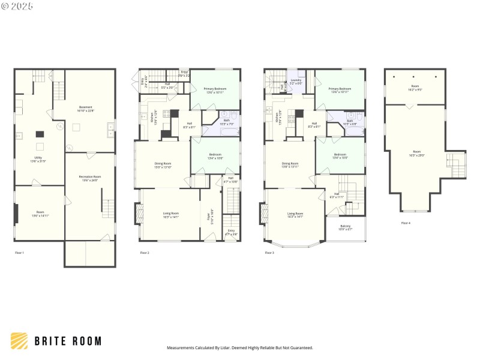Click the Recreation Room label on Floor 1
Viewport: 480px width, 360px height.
tap(89, 178)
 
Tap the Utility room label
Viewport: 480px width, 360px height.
tap(38, 160)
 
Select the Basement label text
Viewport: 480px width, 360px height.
tap(85, 109)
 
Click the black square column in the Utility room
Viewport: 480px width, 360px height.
tap(40, 134)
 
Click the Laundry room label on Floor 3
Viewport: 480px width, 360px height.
tap(295, 81)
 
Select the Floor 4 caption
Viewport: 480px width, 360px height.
tap(406, 223)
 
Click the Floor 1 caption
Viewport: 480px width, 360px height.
tap(20, 253)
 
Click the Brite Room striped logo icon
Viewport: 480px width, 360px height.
tap(19, 341)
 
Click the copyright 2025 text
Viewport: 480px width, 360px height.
tap(17, 7)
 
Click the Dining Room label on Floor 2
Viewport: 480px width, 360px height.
tap(163, 165)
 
